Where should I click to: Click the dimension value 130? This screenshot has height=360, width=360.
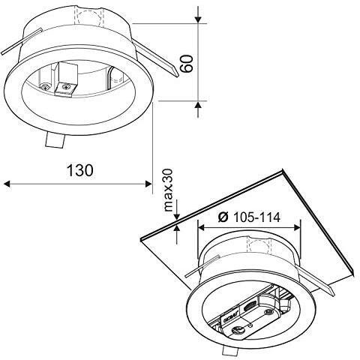[x=80, y=170]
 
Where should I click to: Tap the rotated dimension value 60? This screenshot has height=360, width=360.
[x=187, y=64]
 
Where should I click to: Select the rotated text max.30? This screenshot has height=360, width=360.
[x=168, y=190]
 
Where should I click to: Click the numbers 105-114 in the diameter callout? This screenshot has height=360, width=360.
[x=256, y=217]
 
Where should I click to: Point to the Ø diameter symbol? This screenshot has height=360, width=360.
[x=223, y=217]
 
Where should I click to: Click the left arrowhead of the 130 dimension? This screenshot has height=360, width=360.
[x=7, y=184]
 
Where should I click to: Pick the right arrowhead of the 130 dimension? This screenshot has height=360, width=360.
[x=148, y=184]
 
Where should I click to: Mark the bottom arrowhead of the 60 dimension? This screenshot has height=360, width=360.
[x=198, y=105]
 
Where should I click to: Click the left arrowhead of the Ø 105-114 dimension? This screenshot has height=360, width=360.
[x=201, y=227]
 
